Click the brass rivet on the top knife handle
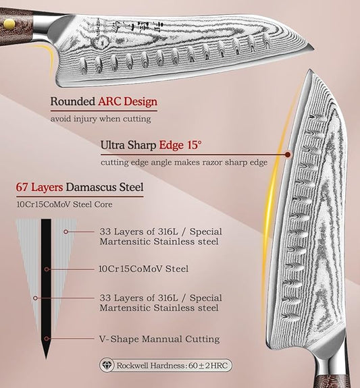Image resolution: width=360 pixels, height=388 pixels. tap(9, 24)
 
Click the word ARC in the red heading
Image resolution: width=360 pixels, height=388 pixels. tap(109, 101)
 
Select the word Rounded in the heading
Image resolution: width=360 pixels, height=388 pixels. tap(73, 101)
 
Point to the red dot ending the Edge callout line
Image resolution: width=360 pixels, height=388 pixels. tap(288, 155)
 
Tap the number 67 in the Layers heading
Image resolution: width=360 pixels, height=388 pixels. tap(22, 187)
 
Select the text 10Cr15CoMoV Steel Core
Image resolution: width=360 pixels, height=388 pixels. tap(64, 204)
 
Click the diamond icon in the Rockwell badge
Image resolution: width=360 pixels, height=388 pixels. tap(107, 365)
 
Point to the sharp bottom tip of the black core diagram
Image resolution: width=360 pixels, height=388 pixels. tap(46, 358)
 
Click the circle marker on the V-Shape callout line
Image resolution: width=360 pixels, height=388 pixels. tap(47, 339)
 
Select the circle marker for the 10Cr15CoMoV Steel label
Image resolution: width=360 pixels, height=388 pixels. tap(47, 269)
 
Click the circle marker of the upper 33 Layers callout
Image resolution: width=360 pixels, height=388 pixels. tap(66, 232)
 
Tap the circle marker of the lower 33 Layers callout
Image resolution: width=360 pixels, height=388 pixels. tap(35, 298)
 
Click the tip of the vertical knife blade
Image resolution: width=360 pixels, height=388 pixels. tap(309, 70)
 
